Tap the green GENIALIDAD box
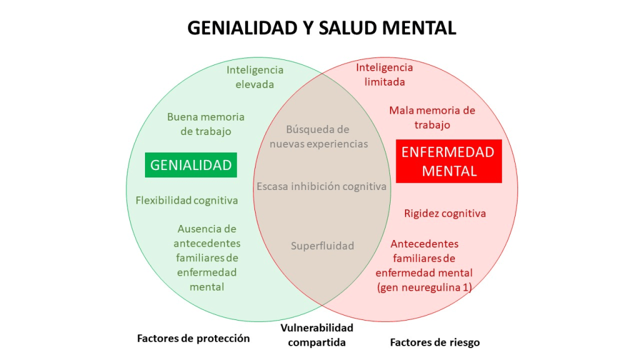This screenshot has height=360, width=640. [x=191, y=165]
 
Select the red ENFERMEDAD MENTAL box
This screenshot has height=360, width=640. [x=449, y=161]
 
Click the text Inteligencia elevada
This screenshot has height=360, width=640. [x=255, y=77]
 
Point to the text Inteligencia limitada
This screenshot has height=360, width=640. [x=384, y=74]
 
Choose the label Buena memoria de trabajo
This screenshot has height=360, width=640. [x=206, y=124]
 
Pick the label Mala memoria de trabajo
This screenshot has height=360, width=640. [x=432, y=117]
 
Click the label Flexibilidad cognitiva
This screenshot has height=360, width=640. [x=186, y=201]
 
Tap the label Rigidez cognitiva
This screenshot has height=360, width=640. [x=444, y=213]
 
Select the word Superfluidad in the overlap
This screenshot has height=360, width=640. [x=322, y=246]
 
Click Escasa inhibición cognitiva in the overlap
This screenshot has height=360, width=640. [x=321, y=186]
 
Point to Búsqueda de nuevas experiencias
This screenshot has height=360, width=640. [x=318, y=136]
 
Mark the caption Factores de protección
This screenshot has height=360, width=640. [x=193, y=338]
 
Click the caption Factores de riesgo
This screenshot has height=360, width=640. [x=434, y=342]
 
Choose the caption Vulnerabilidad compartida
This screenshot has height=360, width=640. [x=317, y=335]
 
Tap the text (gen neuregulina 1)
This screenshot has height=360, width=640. [x=424, y=287]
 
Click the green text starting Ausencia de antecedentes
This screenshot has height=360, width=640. [x=207, y=257]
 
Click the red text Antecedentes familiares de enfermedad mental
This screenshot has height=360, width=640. [x=424, y=258]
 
